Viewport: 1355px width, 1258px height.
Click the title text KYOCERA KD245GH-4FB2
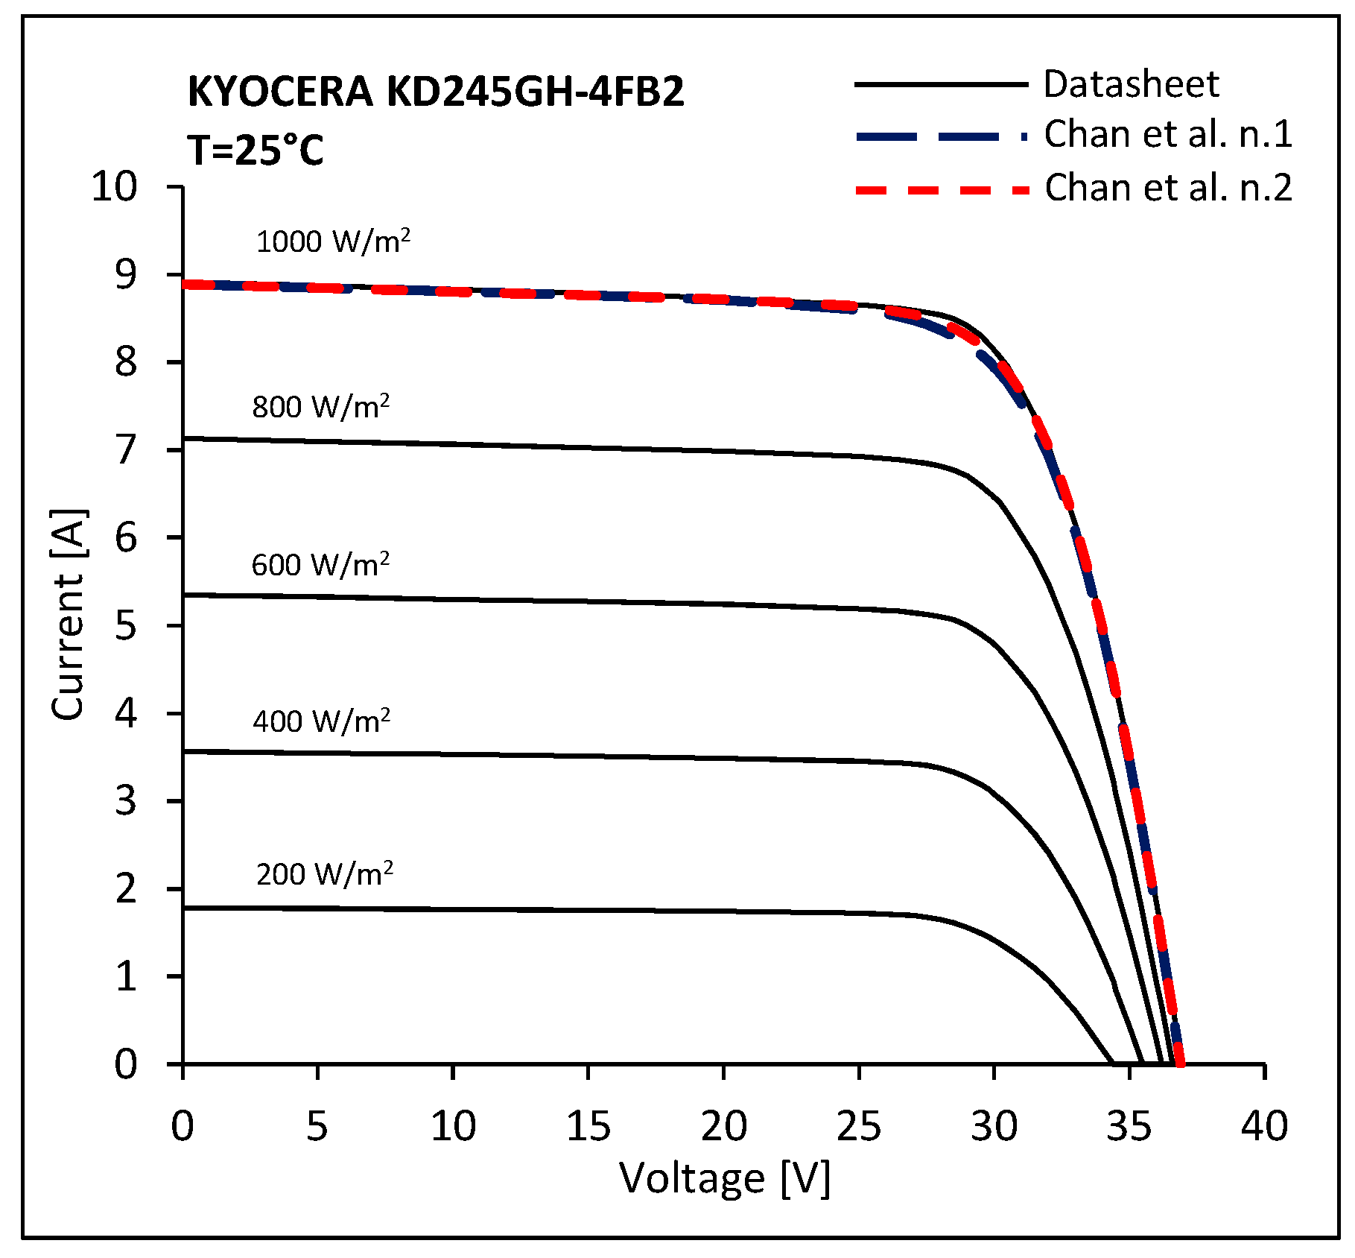[x=436, y=92]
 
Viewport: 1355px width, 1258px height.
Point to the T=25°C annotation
[x=256, y=151]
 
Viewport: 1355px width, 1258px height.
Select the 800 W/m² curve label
[x=321, y=407]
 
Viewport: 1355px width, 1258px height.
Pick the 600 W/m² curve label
[x=320, y=565]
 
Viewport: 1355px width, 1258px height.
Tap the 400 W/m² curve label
[x=322, y=721]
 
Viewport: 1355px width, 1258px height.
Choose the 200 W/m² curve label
[x=325, y=874]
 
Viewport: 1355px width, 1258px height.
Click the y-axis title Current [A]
[x=69, y=614]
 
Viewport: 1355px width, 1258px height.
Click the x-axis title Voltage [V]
[x=724, y=1178]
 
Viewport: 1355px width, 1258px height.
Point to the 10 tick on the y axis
[x=115, y=186]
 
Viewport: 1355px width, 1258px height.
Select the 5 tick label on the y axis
[x=126, y=625]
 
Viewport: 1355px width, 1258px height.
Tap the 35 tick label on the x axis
[x=1129, y=1126]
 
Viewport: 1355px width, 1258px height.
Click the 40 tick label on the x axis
[x=1264, y=1126]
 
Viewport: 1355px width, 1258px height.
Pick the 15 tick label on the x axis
[x=588, y=1126]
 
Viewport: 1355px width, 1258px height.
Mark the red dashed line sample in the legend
[x=942, y=190]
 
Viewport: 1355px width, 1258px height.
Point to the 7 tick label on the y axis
[x=126, y=450]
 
